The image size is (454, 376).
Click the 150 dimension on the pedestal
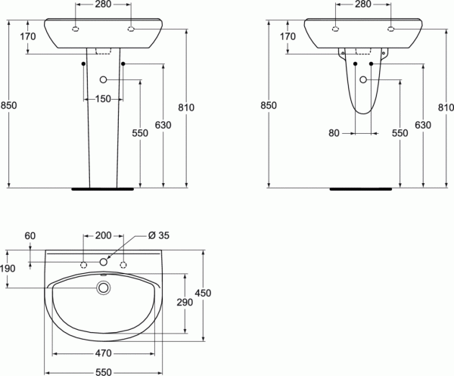point(103,99)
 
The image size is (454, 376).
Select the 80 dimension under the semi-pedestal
point(334,133)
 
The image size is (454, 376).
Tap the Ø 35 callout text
point(159,235)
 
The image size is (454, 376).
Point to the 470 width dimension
point(104,353)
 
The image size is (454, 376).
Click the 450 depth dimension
point(203,294)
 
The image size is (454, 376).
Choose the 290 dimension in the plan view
point(185,302)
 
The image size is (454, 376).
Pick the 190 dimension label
point(8,269)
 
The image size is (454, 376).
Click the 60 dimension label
point(30,236)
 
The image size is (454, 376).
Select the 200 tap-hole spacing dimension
point(104,235)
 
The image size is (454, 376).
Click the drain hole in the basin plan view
point(104,287)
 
